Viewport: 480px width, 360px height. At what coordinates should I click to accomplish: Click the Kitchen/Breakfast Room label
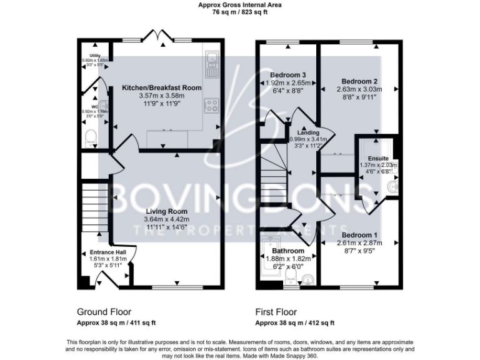pos(162,87)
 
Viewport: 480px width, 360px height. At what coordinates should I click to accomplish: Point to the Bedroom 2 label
pos(359,81)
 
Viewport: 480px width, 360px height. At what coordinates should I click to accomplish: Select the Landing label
pos(309,132)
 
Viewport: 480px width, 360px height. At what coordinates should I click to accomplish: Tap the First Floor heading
pos(276,311)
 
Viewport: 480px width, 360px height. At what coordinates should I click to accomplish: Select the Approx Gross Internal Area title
pos(239,4)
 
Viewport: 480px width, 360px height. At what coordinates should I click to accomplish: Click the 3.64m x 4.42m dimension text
pos(162,219)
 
